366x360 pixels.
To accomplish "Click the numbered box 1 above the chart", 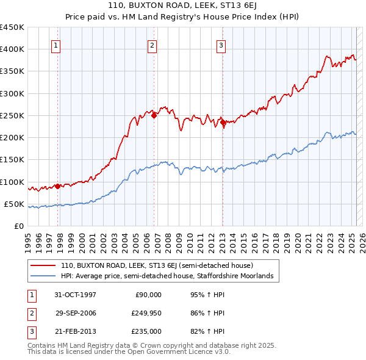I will point(56,45).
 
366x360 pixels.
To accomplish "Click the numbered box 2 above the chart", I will point(152,45).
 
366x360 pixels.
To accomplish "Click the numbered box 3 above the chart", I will point(221,45).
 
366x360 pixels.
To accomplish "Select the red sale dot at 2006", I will point(154,115).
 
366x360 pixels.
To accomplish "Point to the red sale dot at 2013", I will point(223,122).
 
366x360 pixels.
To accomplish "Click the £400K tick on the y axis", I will point(12,49).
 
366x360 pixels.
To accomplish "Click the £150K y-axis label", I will point(12,160).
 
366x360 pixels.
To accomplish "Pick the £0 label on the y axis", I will point(19,226).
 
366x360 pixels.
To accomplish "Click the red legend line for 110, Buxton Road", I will point(44,266).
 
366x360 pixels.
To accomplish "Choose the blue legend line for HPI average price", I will point(44,276).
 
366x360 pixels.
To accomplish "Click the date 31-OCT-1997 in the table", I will point(75,295).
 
